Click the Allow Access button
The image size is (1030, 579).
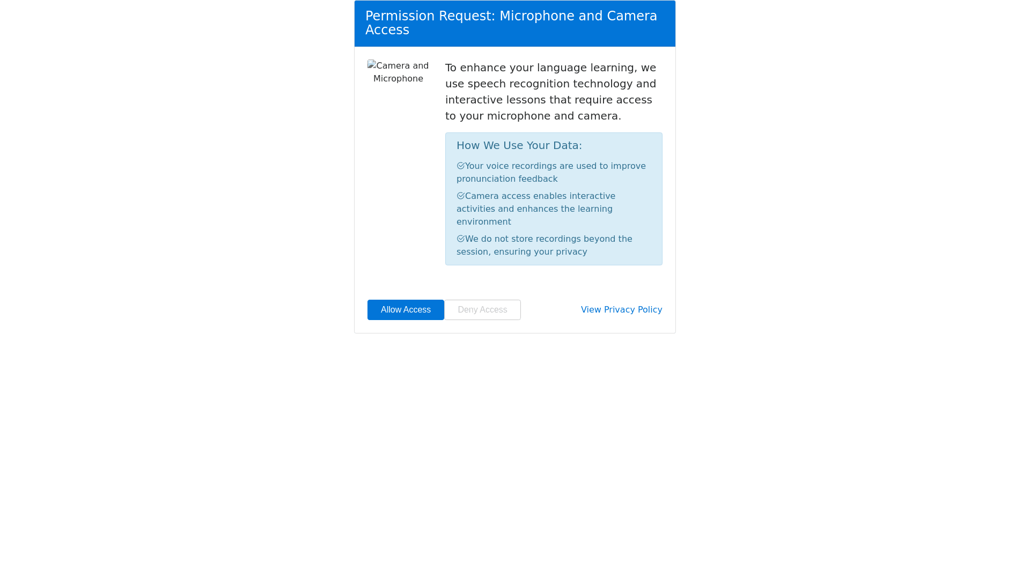(x=406, y=310)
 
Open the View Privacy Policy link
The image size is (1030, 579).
(x=621, y=310)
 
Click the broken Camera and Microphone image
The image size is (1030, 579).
(x=398, y=72)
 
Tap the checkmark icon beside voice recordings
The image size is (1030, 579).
(x=460, y=166)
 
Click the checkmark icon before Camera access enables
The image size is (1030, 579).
(x=460, y=196)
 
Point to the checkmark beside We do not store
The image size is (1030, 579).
(x=460, y=239)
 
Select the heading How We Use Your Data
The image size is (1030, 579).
(x=519, y=146)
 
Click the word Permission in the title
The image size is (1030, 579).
(x=400, y=16)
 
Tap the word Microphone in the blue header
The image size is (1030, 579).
(x=536, y=16)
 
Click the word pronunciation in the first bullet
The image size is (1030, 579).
(x=485, y=179)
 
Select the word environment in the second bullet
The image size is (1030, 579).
(x=483, y=222)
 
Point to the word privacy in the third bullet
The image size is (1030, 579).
(x=571, y=252)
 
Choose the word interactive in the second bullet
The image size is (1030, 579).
(x=592, y=196)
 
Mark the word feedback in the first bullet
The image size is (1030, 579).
(x=538, y=179)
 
